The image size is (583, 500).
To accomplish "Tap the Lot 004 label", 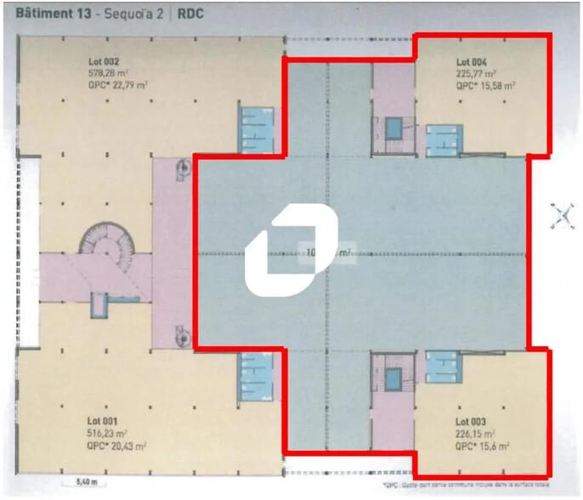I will [471, 62].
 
